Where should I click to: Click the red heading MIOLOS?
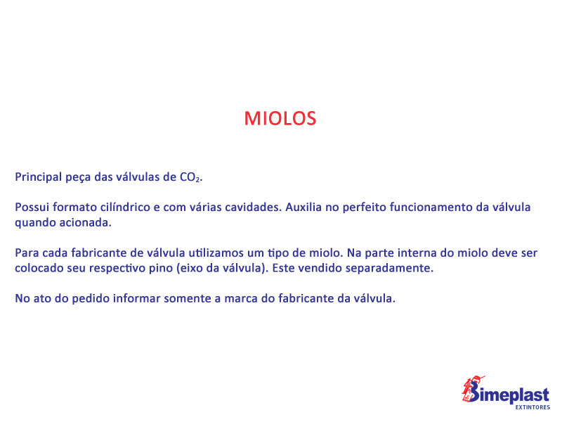click(x=280, y=118)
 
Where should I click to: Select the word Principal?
click(x=39, y=177)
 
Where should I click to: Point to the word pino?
click(x=161, y=269)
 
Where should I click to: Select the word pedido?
click(x=91, y=298)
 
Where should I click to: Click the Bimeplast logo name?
click(x=509, y=394)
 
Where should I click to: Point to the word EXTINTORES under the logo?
click(x=532, y=407)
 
